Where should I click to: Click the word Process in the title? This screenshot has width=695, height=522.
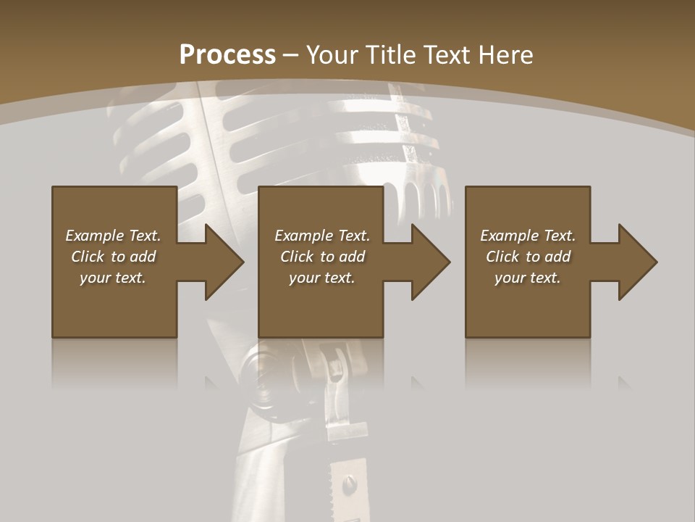click(x=227, y=55)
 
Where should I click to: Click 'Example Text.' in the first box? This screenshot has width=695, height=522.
click(x=113, y=236)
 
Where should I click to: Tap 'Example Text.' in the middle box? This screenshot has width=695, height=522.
click(x=322, y=236)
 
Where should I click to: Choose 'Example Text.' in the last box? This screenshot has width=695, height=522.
click(x=528, y=236)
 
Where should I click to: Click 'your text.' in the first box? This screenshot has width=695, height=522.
click(x=113, y=278)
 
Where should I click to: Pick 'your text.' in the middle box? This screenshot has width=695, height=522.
click(x=322, y=278)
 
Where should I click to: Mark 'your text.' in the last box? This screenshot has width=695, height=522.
click(x=528, y=278)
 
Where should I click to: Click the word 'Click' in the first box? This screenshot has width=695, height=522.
click(x=88, y=257)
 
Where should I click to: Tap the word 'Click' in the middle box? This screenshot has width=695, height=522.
click(x=298, y=257)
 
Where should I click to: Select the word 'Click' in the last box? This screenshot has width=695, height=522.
click(x=503, y=257)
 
